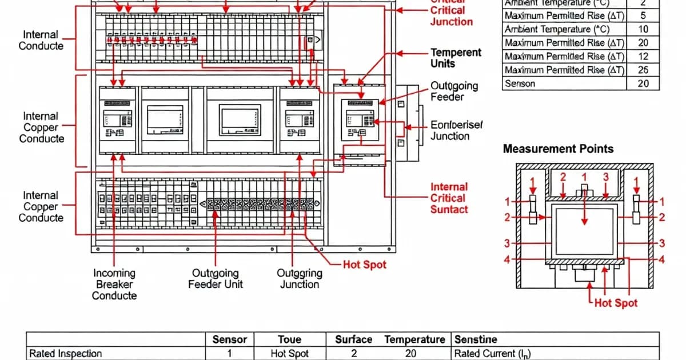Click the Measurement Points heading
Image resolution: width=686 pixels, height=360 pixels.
point(558,149)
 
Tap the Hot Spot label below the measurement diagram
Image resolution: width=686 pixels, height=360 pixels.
point(616,303)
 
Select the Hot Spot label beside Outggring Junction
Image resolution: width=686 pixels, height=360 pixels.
point(364,265)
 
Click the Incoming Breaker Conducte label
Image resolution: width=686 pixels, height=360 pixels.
point(114,284)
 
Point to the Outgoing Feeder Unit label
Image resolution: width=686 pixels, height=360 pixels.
point(216,279)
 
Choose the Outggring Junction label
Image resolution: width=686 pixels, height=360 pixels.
point(299,279)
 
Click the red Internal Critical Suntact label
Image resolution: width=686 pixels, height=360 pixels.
point(449,198)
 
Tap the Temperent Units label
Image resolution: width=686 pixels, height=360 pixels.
point(456,58)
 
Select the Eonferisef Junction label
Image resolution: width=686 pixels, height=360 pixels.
point(456,130)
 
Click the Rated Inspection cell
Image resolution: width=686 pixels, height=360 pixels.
point(66,354)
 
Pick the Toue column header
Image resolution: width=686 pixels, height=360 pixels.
point(289,339)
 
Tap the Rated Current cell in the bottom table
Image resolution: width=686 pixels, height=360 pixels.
point(492,354)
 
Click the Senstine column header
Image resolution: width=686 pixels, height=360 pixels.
point(475,339)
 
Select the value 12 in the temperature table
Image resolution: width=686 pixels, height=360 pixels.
point(643,56)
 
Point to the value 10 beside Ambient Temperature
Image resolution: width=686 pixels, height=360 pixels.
point(643,29)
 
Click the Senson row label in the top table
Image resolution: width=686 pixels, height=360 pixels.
point(520,83)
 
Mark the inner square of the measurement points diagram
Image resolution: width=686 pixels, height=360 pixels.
point(584,231)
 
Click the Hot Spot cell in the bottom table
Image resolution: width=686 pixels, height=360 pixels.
point(289,354)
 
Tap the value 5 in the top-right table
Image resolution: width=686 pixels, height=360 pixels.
point(643,15)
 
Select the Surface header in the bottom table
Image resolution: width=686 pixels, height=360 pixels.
point(354,339)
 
